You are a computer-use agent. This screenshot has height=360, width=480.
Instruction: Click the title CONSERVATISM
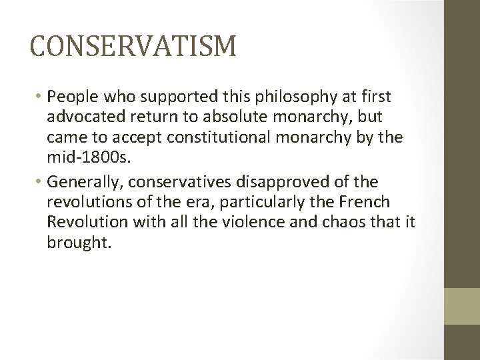coord(133,47)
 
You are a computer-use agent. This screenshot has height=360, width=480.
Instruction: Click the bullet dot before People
coord(39,98)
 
